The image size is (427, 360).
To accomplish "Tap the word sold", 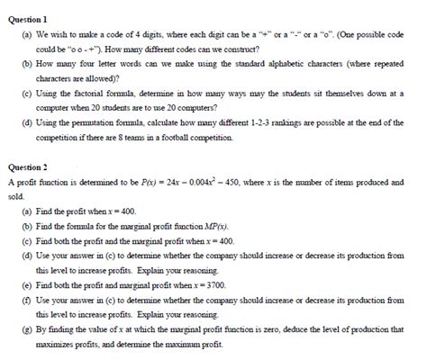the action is (15, 194).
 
